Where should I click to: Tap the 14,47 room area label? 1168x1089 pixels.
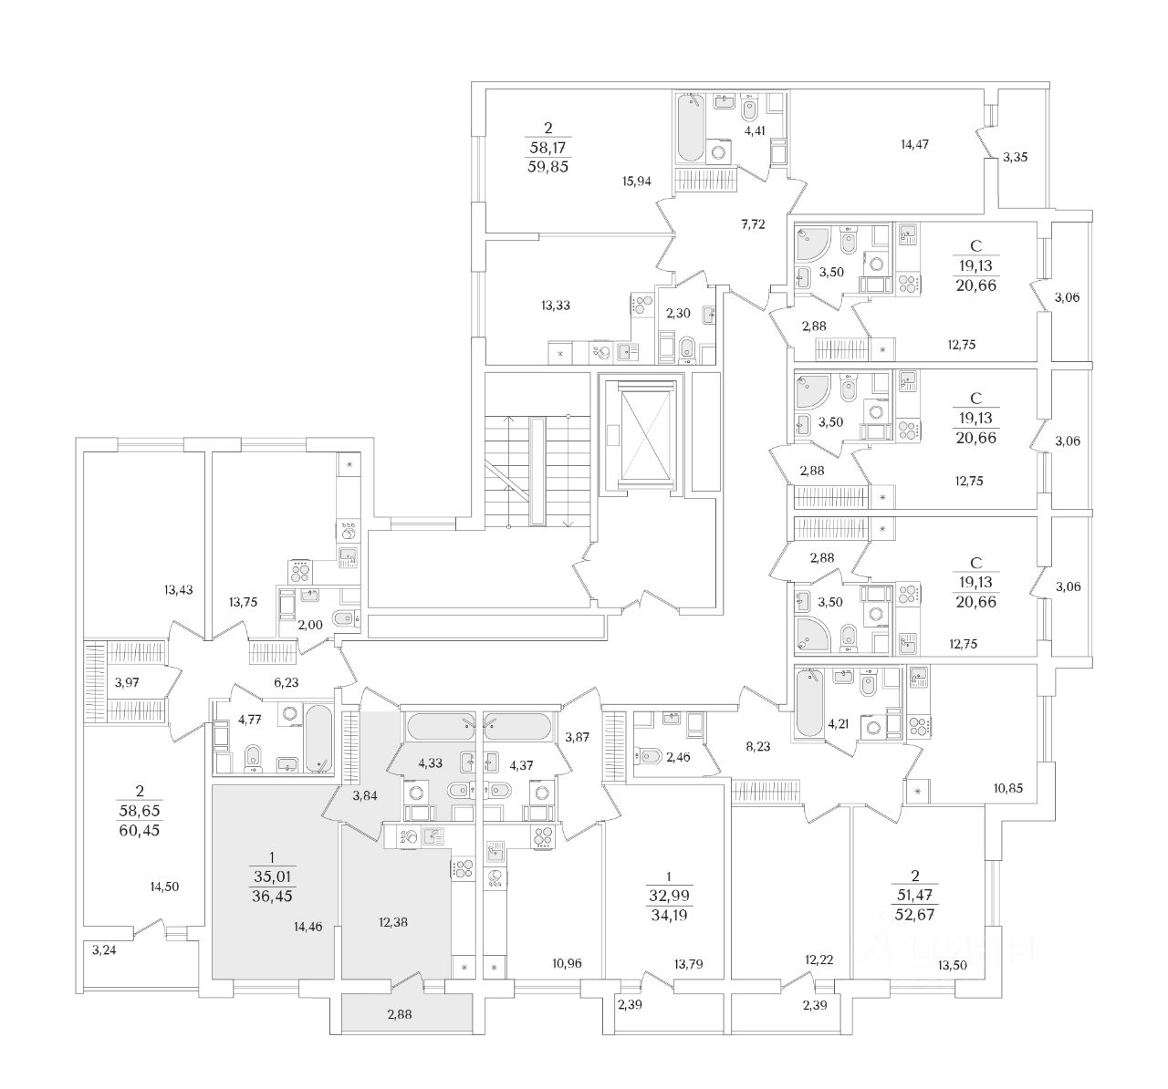919,144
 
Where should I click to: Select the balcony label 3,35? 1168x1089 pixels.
1016,158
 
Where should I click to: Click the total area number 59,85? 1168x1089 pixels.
547,166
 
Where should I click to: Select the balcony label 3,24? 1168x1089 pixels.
105,949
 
